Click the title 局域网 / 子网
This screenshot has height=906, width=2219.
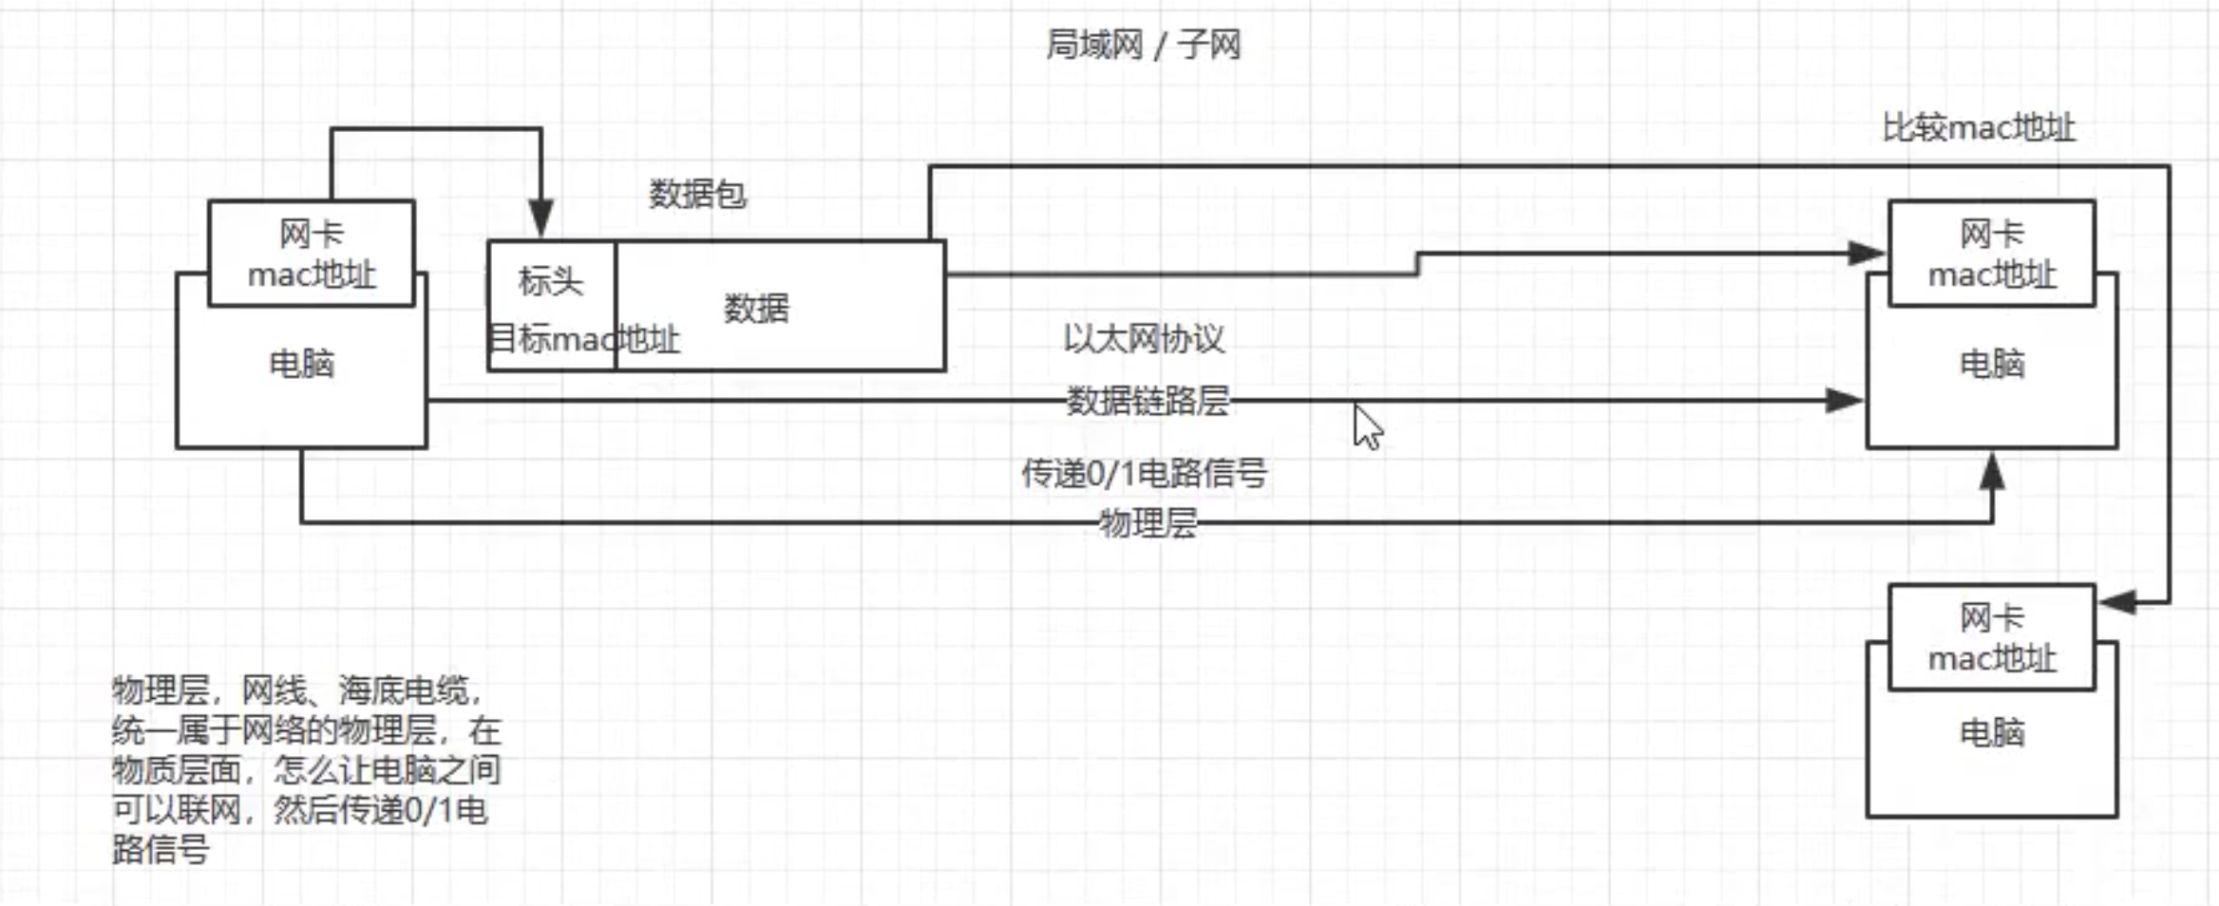pos(1143,45)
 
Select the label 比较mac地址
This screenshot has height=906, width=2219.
pos(1979,127)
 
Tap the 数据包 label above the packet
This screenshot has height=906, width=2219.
pos(697,195)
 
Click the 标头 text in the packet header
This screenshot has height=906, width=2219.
pos(551,281)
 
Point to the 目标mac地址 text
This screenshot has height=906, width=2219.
pos(584,339)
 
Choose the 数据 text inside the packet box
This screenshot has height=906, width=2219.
pos(756,309)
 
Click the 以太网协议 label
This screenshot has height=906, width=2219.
pos(1144,339)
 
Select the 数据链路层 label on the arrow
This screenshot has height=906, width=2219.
pos(1147,401)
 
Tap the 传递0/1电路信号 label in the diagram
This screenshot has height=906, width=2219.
pos(1144,473)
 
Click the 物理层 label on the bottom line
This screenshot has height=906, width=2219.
pos(1147,523)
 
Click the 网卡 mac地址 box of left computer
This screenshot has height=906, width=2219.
pos(312,254)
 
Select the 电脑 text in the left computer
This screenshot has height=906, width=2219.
pos(302,364)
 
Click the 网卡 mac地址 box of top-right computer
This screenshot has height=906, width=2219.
pos(1992,254)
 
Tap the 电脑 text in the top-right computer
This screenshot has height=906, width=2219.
pos(1992,364)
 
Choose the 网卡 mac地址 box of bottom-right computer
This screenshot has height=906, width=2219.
pos(1992,637)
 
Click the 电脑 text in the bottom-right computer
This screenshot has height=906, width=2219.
pos(1992,733)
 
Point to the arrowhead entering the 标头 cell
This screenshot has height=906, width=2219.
pos(541,219)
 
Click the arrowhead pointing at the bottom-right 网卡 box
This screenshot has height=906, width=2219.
pos(2118,601)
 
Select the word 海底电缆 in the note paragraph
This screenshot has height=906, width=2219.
pos(404,690)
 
